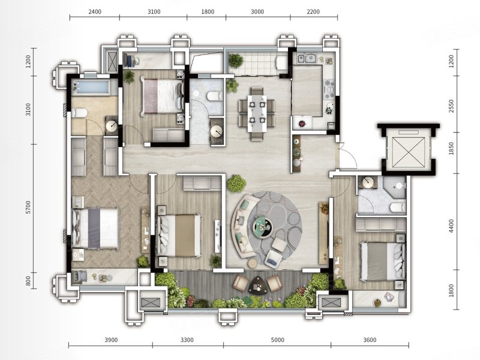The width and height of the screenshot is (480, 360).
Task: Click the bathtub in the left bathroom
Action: (x=91, y=87)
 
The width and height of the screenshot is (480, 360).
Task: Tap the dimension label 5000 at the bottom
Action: (x=278, y=340)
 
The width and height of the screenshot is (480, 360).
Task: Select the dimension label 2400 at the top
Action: (x=95, y=12)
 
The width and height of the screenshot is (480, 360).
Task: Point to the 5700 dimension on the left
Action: (x=28, y=207)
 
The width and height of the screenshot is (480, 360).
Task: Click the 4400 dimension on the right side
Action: (x=451, y=226)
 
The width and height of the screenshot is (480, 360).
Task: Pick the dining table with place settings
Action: (x=257, y=113)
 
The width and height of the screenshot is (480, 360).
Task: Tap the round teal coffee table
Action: (x=263, y=227)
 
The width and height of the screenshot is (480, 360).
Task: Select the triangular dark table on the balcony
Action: (x=258, y=285)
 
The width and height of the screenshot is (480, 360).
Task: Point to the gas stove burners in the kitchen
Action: (x=329, y=89)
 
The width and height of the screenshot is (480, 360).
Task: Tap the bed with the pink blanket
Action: (x=162, y=96)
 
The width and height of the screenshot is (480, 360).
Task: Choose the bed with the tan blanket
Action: (x=178, y=235)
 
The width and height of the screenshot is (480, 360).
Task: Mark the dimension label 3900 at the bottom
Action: (x=111, y=340)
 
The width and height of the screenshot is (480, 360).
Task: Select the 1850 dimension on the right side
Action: (x=451, y=148)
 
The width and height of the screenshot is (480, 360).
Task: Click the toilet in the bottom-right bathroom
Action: (x=398, y=208)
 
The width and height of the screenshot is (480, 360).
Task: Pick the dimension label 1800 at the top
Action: (x=208, y=12)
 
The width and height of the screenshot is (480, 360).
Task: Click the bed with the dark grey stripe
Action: (x=95, y=228)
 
